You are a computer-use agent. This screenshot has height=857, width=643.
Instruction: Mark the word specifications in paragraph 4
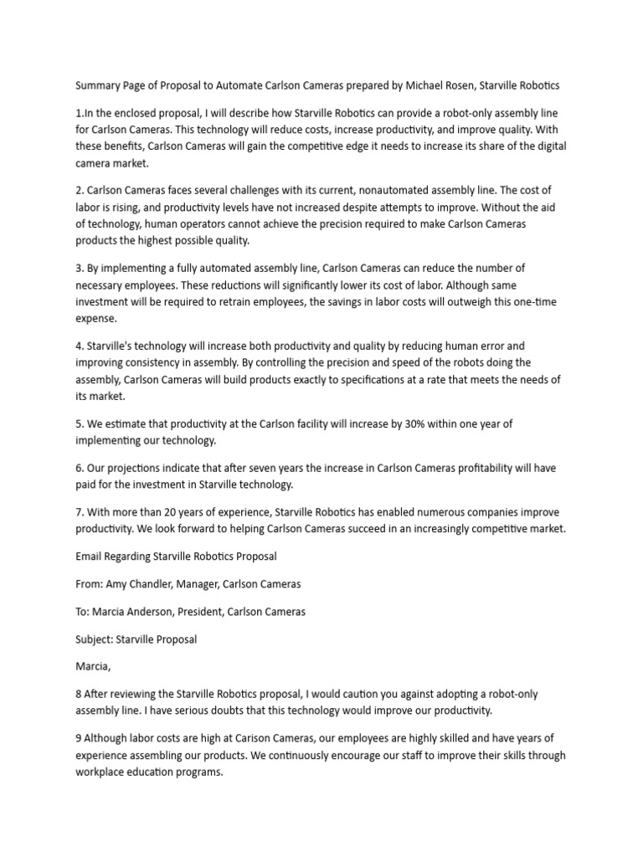point(367,380)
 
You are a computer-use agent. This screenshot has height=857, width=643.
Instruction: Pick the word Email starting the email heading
point(90,556)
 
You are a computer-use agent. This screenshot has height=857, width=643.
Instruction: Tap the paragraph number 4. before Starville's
point(80,346)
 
